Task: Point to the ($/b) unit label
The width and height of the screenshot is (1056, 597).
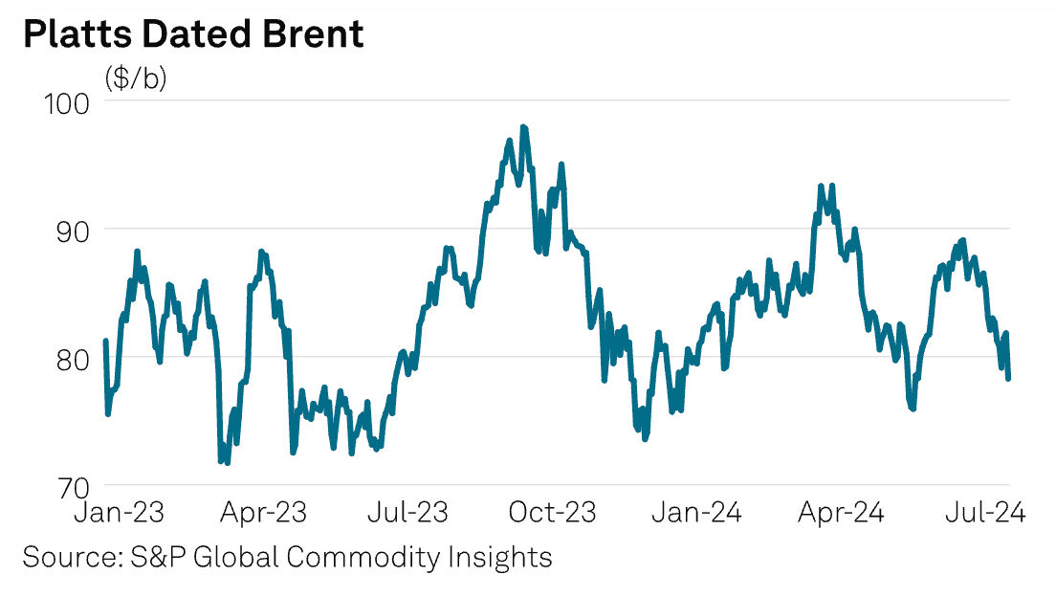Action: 136,78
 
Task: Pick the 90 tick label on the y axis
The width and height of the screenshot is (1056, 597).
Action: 74,230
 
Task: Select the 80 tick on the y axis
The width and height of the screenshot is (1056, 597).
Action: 74,358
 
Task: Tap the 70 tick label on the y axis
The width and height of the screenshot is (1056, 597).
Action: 74,485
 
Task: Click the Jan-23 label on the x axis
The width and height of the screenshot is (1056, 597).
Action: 120,514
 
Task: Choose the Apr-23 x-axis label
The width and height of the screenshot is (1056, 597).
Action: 265,514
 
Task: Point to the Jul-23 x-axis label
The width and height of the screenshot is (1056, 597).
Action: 408,514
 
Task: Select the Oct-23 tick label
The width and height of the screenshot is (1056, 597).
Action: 553,514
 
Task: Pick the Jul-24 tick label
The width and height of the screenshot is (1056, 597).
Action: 985,514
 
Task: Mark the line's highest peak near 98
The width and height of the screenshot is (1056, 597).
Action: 523,126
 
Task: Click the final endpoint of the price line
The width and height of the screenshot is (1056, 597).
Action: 1008,378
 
